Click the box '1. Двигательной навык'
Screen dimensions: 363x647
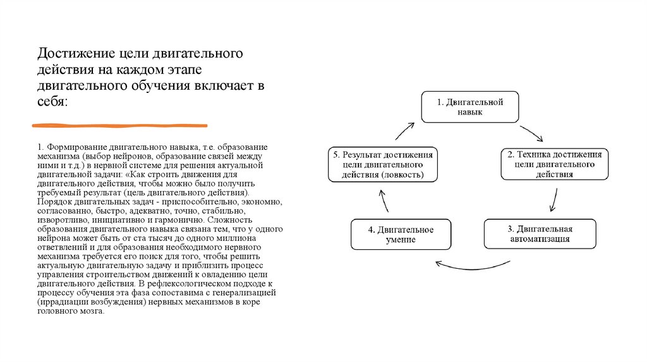pos(470,107)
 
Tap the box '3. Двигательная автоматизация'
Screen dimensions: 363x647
pos(540,234)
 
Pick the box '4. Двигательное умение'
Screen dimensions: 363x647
pos(401,234)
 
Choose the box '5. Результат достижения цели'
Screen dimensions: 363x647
pos(382,164)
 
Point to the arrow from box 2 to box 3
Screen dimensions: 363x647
pos(553,199)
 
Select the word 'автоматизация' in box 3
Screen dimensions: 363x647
pos(540,240)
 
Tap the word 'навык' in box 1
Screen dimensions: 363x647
pos(470,112)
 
